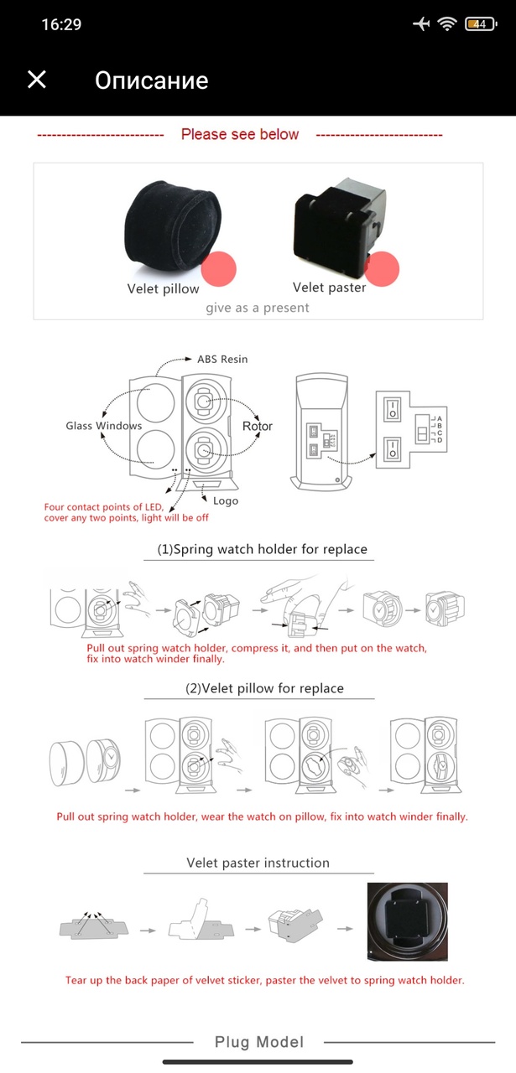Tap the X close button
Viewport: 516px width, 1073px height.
point(37,80)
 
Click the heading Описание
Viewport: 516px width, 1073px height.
point(151,80)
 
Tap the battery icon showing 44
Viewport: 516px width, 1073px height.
point(480,24)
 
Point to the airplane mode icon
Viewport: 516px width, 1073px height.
point(421,24)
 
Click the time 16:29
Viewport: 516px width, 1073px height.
point(61,24)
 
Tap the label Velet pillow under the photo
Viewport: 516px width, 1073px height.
point(163,288)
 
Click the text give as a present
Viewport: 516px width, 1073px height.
point(258,308)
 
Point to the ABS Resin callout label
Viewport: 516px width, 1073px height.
point(222,359)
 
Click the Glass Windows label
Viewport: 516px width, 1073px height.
point(104,426)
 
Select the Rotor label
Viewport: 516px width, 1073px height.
point(258,426)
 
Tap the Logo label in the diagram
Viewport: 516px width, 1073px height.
point(225,500)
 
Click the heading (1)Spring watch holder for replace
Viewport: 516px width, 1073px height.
point(263,549)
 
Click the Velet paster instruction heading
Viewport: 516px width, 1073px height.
point(258,863)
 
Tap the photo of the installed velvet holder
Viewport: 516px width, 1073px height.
point(408,920)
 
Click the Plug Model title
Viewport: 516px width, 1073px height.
point(258,1042)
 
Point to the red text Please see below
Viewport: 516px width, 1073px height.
point(240,134)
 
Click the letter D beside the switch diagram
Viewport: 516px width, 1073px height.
point(440,440)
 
